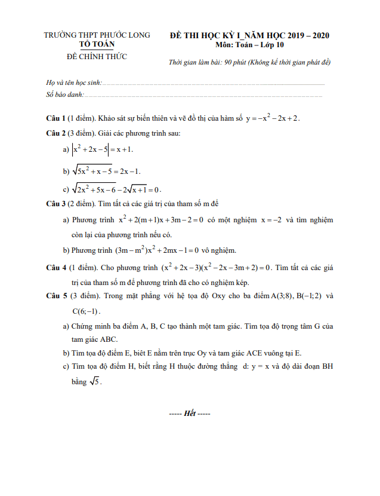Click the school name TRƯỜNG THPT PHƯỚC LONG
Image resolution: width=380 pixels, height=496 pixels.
(x=97, y=35)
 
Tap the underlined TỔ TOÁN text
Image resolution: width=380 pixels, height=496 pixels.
(x=97, y=44)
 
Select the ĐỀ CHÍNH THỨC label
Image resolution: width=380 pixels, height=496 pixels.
(x=97, y=57)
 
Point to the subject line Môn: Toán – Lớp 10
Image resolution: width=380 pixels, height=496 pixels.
(x=250, y=45)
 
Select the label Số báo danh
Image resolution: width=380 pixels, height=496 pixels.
(x=65, y=94)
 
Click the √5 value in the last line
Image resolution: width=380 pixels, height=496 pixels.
(x=95, y=382)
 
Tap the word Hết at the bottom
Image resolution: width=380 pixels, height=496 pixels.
(x=190, y=414)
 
